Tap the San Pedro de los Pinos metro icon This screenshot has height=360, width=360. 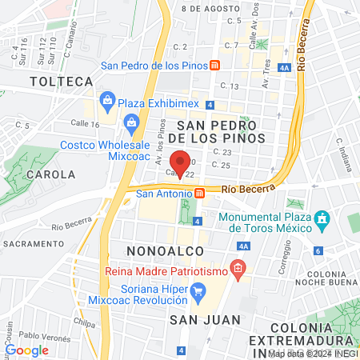215,66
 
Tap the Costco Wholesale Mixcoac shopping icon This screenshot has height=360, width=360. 130,123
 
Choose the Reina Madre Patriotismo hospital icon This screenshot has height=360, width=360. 238,269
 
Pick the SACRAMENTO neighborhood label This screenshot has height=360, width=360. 33,243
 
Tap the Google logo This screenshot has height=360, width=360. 26,350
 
